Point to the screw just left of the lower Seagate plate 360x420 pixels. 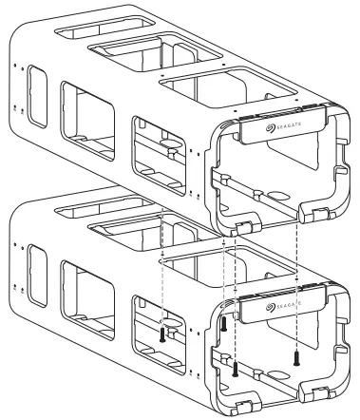click(x=224, y=323)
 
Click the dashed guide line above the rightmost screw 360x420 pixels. click(x=298, y=285)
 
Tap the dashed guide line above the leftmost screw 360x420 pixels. click(x=162, y=276)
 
